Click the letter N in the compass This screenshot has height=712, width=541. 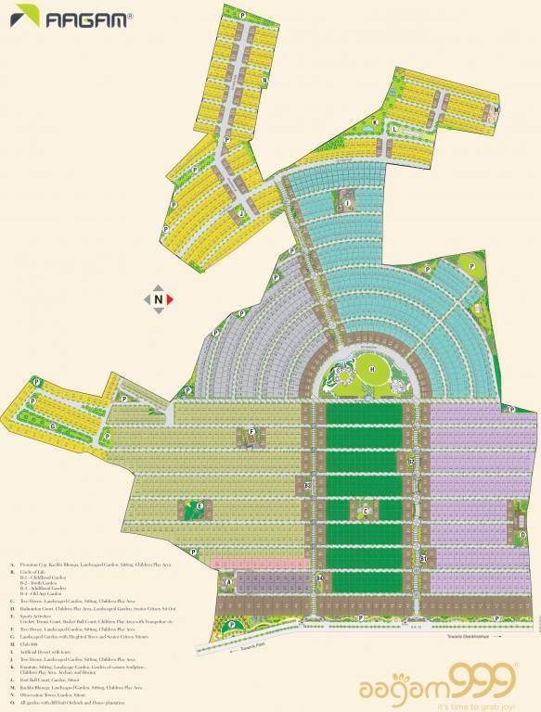pos(159,299)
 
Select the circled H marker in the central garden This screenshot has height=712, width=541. pos(373,370)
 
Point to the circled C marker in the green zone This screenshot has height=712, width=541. pos(366,511)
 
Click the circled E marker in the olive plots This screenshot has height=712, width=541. pos(200,506)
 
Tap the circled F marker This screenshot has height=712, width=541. pos(251,431)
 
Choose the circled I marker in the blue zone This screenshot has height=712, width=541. pos(348,202)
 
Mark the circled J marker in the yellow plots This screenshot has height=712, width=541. pos(241,212)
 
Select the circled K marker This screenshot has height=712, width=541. pos(376,121)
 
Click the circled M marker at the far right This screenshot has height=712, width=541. pos(496,108)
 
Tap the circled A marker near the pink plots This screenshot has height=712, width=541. pos(227,582)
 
